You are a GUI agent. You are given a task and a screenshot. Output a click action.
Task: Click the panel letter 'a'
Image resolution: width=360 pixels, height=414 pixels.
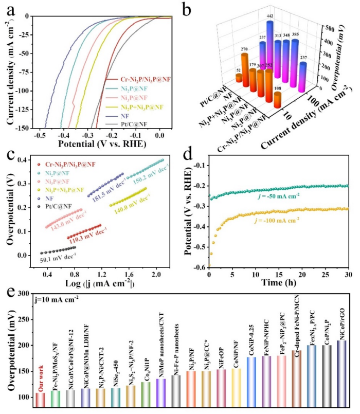(x=8, y=7)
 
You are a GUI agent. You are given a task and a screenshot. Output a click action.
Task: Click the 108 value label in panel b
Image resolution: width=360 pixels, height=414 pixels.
(x=277, y=95)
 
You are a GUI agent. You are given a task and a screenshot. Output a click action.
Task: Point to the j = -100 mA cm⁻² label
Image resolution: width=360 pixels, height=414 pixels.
(x=295, y=220)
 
